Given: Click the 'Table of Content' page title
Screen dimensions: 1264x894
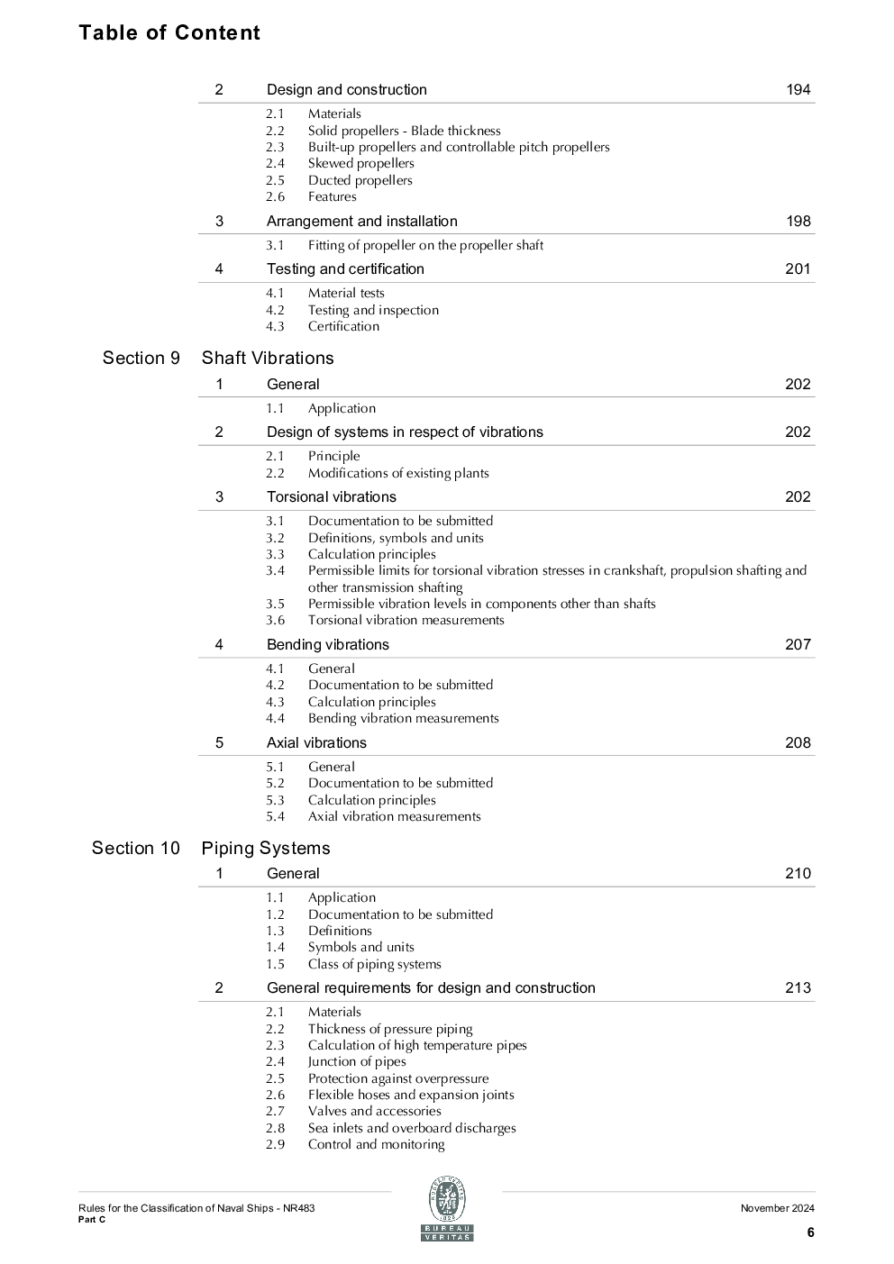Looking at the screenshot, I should point(169,32).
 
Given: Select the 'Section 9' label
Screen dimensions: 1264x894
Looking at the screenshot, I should point(141,358).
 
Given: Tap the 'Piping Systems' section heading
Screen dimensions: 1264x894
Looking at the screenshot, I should point(266,848).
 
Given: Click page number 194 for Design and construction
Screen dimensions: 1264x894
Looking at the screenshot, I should point(798,89).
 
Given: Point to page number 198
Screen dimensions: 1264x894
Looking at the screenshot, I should point(798,221).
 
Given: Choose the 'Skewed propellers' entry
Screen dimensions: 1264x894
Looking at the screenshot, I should point(360,163).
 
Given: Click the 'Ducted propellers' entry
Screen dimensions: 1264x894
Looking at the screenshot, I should point(360,180).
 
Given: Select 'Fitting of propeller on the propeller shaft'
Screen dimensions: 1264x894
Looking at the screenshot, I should point(425,245).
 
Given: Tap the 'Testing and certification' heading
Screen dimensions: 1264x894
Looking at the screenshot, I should point(345,268).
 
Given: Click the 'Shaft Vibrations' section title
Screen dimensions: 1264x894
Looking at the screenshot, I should point(268,358).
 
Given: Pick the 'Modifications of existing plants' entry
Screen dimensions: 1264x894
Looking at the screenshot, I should point(398,473).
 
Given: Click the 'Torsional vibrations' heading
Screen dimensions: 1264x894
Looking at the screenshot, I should point(331,496).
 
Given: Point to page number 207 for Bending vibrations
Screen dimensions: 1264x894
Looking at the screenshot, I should point(798,644).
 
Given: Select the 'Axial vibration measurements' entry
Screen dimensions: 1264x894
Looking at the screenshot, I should point(394,816).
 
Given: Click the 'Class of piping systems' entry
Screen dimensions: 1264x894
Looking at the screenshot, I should point(374,964).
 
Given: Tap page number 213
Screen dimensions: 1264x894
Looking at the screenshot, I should point(798,987).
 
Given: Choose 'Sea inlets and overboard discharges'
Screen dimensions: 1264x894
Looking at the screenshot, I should point(412,1128).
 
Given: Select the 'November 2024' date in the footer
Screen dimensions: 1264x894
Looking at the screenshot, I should point(777,1208).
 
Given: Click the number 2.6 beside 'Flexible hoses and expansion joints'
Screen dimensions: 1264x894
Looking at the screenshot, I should point(275,1095).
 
